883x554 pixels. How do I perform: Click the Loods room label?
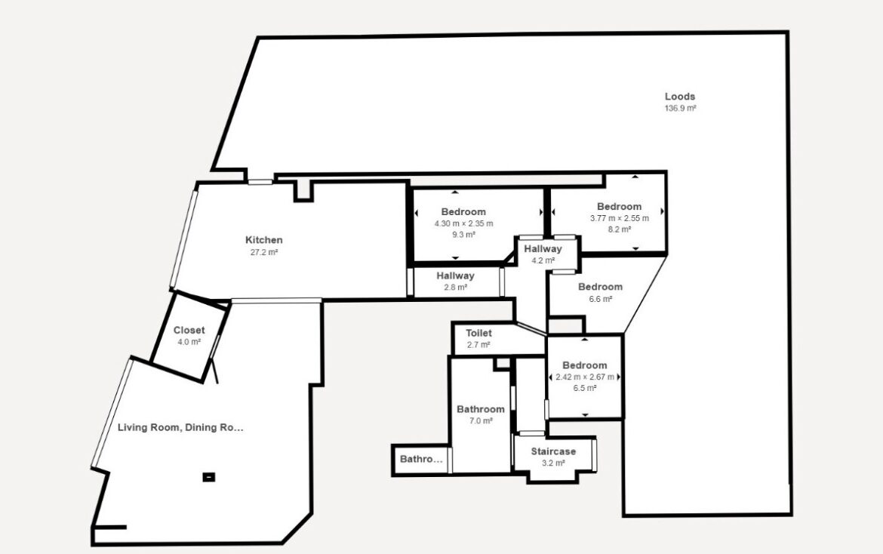[680, 97]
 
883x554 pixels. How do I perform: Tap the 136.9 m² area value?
[680, 108]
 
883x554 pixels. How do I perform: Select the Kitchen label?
[263, 240]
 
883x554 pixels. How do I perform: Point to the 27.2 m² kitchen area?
[264, 252]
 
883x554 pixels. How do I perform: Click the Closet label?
[189, 331]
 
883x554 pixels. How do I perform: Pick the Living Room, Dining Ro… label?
[181, 427]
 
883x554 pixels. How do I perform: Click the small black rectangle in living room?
[208, 477]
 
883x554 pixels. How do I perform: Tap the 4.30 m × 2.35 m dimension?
[463, 223]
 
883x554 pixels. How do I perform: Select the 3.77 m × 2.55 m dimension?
[620, 218]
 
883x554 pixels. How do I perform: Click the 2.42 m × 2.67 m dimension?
[585, 377]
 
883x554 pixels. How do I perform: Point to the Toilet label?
[478, 334]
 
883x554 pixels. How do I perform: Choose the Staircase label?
[553, 451]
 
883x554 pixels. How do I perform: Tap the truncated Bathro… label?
[421, 459]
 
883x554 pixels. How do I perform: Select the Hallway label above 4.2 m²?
[543, 249]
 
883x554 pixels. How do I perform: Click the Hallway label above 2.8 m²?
[455, 276]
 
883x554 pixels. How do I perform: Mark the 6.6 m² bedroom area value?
[600, 299]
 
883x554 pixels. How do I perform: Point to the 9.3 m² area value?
[463, 235]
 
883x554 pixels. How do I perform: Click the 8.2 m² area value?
[619, 229]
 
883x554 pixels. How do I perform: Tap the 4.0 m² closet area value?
[189, 342]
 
